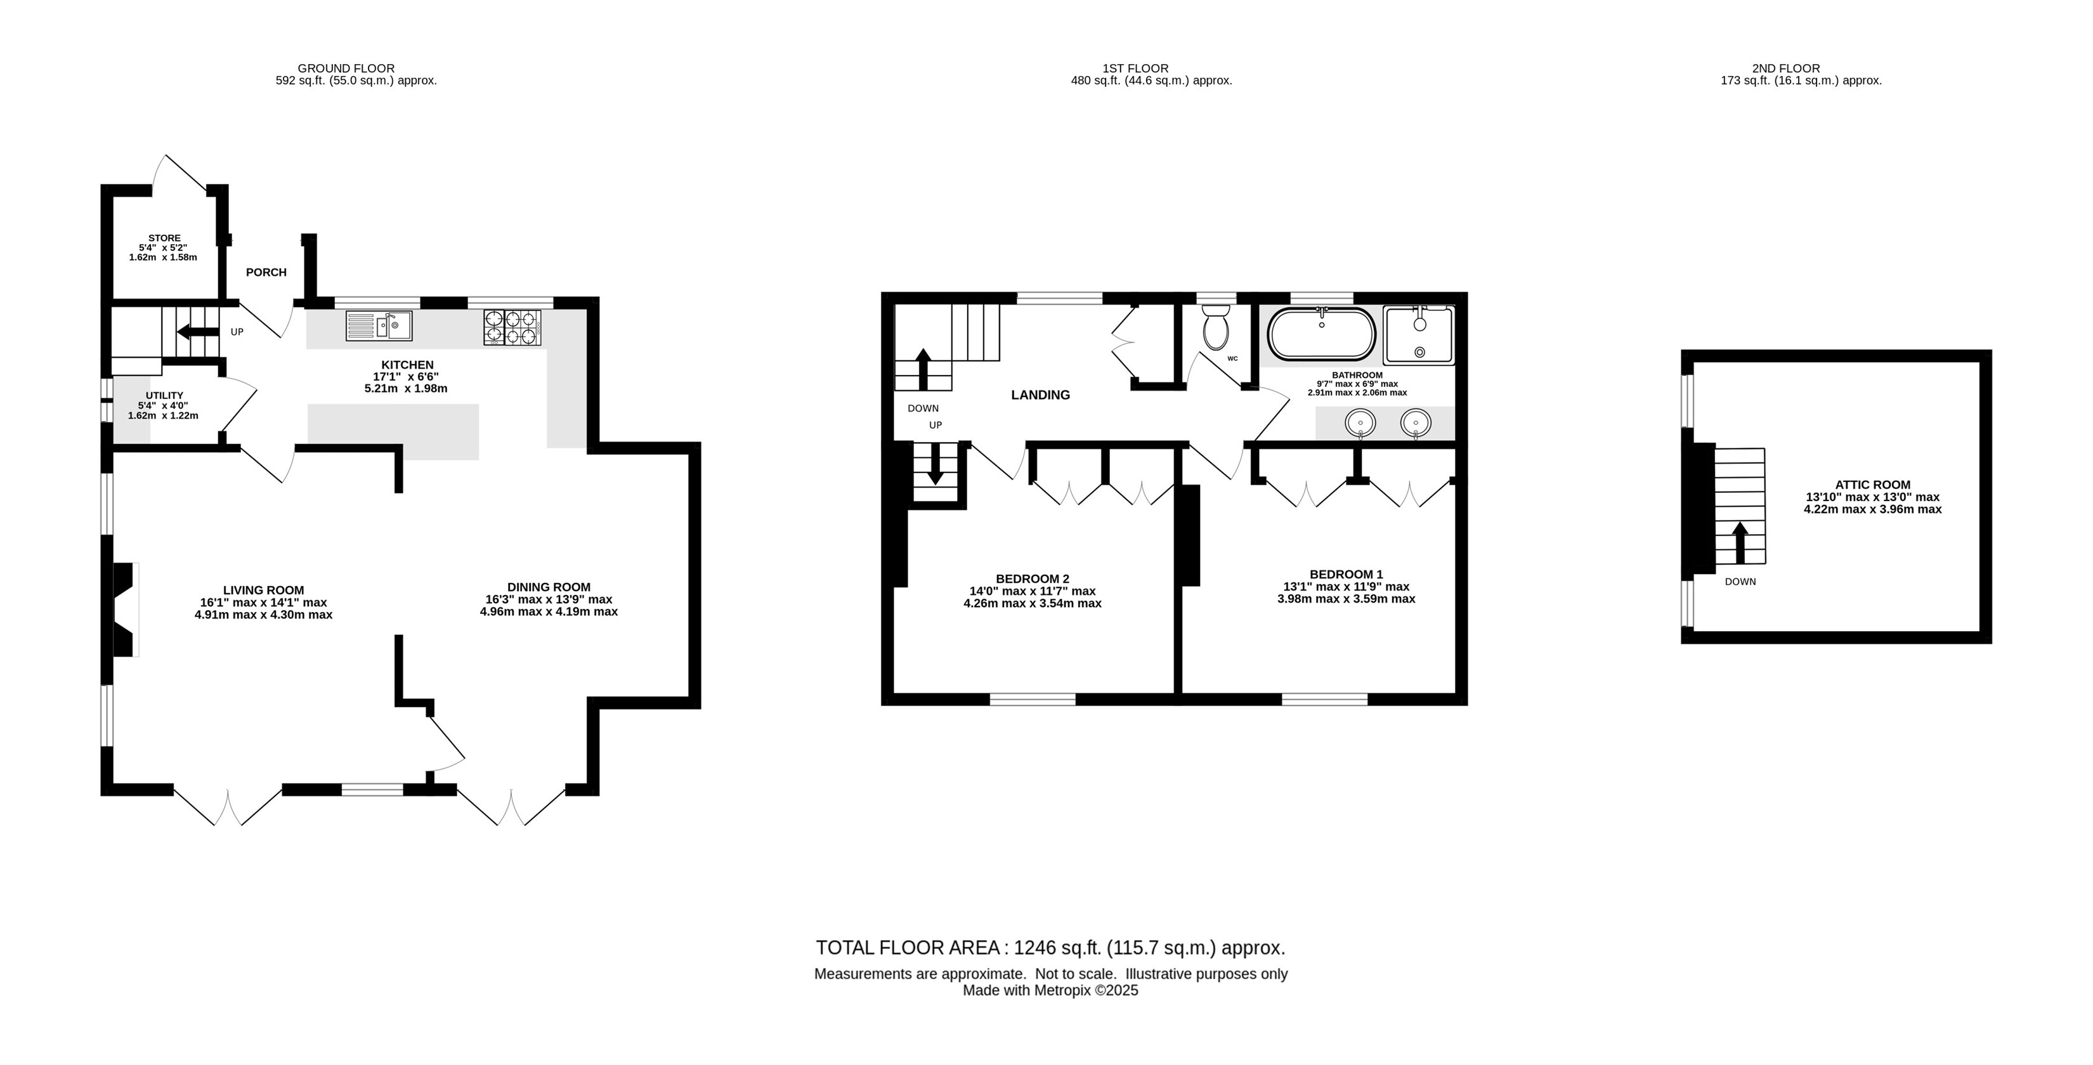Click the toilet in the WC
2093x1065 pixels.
click(x=1216, y=327)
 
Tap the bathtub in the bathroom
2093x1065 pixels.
click(x=1321, y=333)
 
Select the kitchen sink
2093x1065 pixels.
click(x=379, y=326)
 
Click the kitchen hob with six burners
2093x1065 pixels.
click(x=512, y=328)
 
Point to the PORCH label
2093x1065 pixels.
click(x=266, y=272)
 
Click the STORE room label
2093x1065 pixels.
click(x=164, y=238)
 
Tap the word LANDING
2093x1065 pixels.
click(x=1040, y=395)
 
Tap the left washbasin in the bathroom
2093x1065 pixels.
click(x=1360, y=423)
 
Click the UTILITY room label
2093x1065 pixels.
click(x=164, y=396)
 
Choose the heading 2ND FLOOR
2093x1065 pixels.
click(x=1786, y=69)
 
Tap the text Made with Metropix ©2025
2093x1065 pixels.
click(x=1050, y=990)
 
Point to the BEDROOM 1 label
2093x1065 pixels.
click(x=1346, y=574)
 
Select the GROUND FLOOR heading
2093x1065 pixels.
click(x=346, y=69)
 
